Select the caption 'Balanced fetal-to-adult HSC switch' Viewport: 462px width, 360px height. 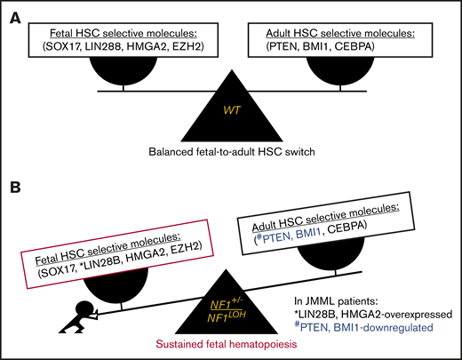click(231, 152)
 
